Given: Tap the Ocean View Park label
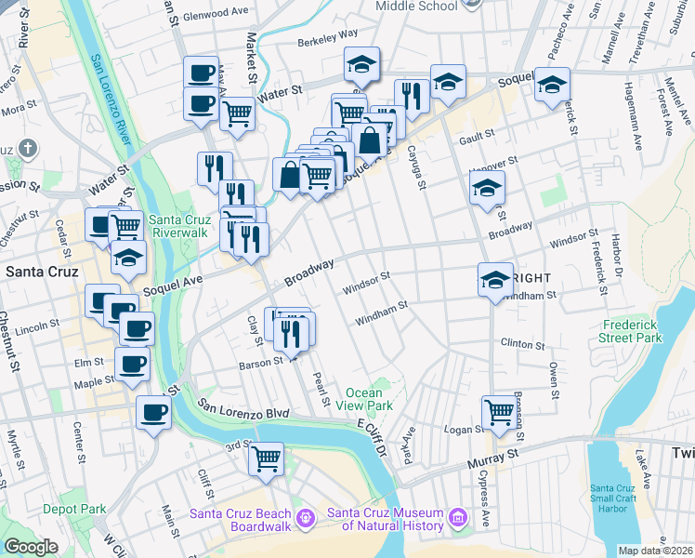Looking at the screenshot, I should pyautogui.click(x=370, y=399).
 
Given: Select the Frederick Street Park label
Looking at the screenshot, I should pyautogui.click(x=632, y=332).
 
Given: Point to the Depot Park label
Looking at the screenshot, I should pyautogui.click(x=73, y=509).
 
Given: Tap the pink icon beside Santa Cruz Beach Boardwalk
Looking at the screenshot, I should pyautogui.click(x=306, y=514).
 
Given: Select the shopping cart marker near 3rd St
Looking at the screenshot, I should pyautogui.click(x=267, y=458).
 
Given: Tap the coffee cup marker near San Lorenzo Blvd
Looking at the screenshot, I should pyautogui.click(x=153, y=411).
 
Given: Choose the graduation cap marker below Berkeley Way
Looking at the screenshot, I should pyautogui.click(x=361, y=63).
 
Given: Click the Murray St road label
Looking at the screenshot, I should pyautogui.click(x=498, y=456).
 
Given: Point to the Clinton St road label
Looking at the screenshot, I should pyautogui.click(x=522, y=344).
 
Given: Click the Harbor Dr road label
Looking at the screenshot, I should pyautogui.click(x=617, y=255).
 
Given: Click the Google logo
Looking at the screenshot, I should pyautogui.click(x=31, y=548).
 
